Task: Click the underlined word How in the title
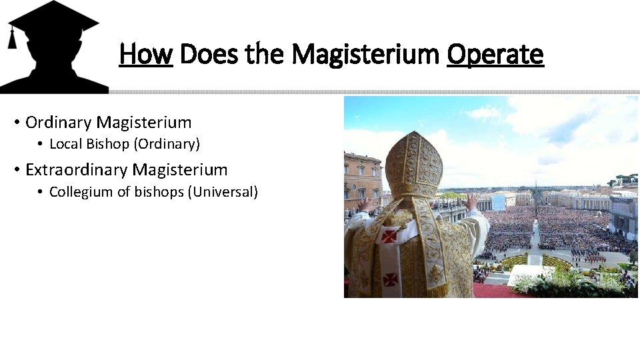(146, 54)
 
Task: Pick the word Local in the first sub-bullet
(65, 143)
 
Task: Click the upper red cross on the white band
(390, 235)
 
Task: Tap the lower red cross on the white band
(391, 279)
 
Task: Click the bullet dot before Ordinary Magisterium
(15, 123)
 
